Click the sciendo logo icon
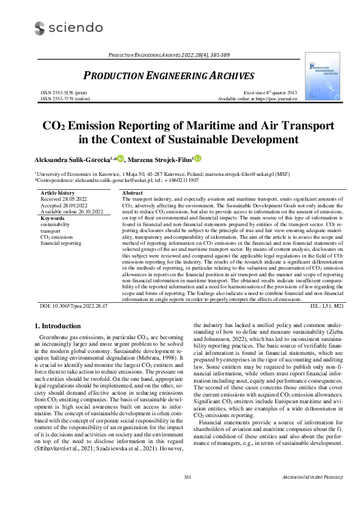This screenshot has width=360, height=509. (40, 28)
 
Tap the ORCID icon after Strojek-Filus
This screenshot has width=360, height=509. (197, 159)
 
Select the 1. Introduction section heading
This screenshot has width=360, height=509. (59, 326)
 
